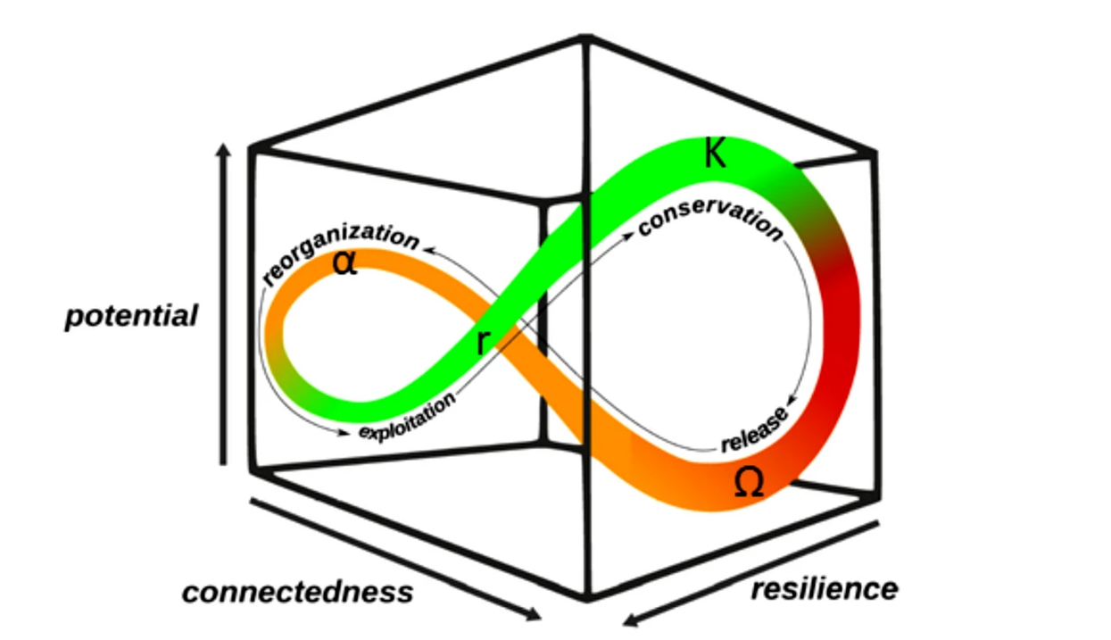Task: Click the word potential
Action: pos(131,317)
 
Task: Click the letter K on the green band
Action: pos(714,154)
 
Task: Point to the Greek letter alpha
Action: pos(344,263)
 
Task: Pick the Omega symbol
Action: pos(748,483)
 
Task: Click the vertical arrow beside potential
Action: pos(224,303)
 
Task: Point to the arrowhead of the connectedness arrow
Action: pos(534,615)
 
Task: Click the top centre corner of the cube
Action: pos(585,37)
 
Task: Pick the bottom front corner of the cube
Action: pos(586,596)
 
